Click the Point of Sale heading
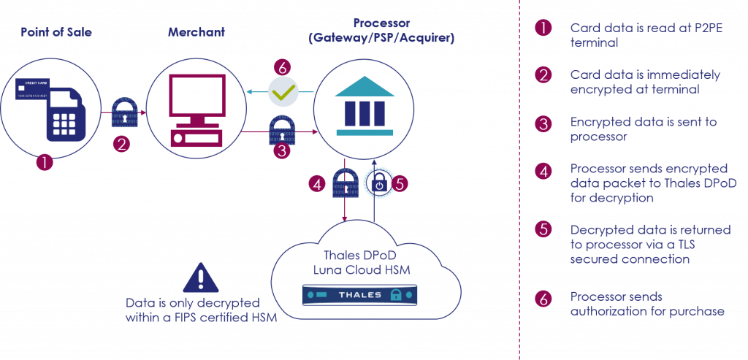point(56,33)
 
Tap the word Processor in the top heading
point(381,23)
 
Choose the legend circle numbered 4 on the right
point(543,171)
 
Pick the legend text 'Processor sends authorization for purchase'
point(646,305)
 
